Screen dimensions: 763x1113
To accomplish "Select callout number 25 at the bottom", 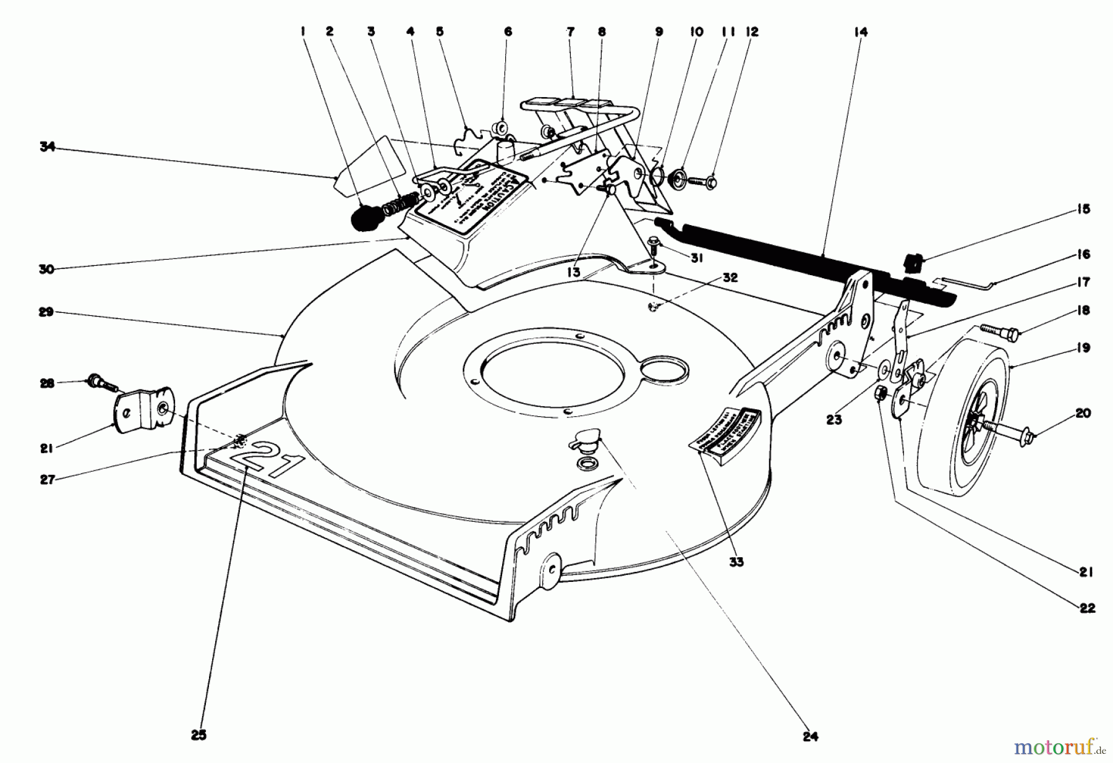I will click(x=199, y=735).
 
